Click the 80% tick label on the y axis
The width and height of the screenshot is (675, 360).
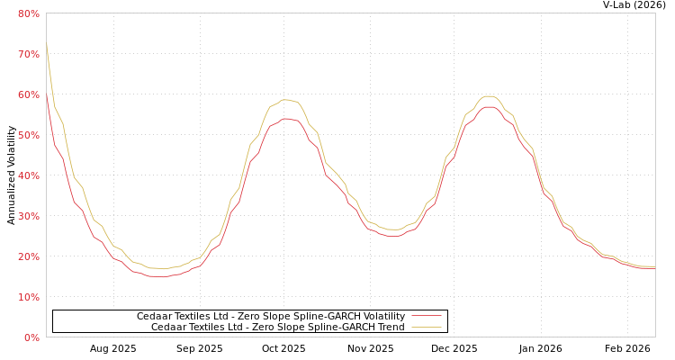click(x=28, y=13)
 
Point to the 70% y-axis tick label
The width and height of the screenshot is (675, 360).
click(x=28, y=54)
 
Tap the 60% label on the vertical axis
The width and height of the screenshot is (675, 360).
click(x=28, y=94)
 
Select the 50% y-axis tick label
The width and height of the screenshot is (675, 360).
click(x=28, y=135)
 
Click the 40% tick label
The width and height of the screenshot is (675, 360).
click(x=28, y=175)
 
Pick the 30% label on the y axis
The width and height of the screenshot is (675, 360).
click(x=28, y=216)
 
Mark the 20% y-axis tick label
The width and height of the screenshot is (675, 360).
click(x=28, y=256)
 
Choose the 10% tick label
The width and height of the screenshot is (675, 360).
click(x=28, y=297)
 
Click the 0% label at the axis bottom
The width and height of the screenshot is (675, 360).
click(x=31, y=337)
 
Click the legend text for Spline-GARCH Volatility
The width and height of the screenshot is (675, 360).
click(x=270, y=317)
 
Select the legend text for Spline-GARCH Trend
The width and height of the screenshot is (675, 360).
click(x=277, y=328)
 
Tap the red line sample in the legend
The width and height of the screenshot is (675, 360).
click(x=426, y=317)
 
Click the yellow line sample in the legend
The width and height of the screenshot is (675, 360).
click(x=426, y=328)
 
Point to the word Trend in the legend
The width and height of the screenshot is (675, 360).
click(x=391, y=328)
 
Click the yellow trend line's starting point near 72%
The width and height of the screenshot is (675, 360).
click(x=47, y=44)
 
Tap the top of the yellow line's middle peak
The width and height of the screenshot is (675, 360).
click(x=286, y=100)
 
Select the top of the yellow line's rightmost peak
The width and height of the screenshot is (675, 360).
click(x=488, y=95)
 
